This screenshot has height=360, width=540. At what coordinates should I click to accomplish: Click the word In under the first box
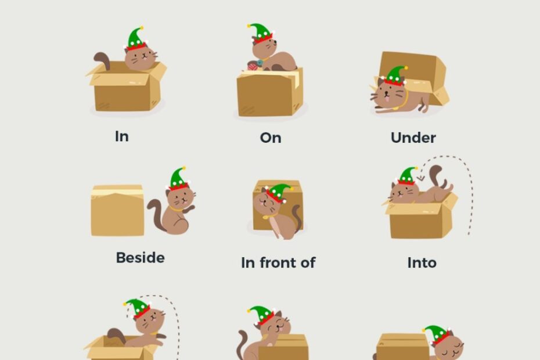pyautogui.click(x=122, y=136)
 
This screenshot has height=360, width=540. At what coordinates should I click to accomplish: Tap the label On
pyautogui.click(x=271, y=138)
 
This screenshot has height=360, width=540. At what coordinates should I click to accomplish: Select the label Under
pyautogui.click(x=413, y=138)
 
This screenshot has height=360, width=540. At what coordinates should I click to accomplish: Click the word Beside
pyautogui.click(x=140, y=257)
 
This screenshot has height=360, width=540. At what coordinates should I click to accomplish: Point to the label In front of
pyautogui.click(x=278, y=262)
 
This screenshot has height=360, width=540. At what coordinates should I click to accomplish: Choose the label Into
pyautogui.click(x=422, y=262)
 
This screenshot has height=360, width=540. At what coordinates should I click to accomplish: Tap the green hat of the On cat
pyautogui.click(x=261, y=33)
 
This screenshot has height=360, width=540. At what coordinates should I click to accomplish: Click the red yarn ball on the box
pyautogui.click(x=253, y=66)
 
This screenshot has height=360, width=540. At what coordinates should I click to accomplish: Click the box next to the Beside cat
pyautogui.click(x=117, y=210)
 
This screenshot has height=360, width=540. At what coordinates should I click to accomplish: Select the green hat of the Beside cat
pyautogui.click(x=177, y=178)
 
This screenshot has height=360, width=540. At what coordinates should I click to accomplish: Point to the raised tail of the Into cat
pyautogui.click(x=435, y=174)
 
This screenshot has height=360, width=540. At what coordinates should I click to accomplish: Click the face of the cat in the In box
pyautogui.click(x=141, y=59)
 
